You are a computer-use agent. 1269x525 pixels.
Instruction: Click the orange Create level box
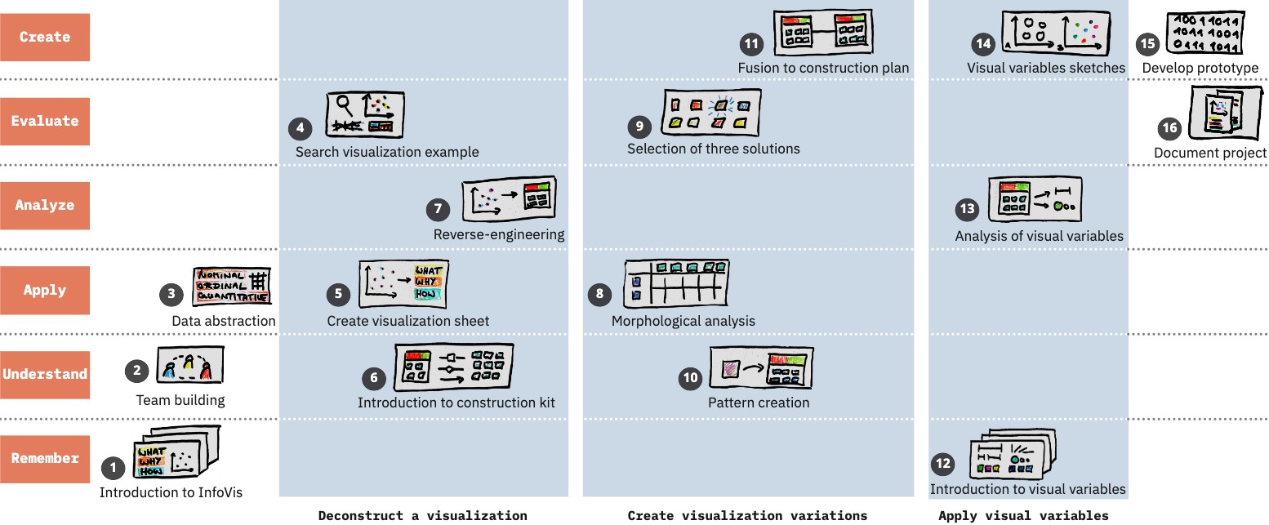click(x=45, y=37)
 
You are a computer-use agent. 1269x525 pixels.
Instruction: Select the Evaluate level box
click(x=45, y=121)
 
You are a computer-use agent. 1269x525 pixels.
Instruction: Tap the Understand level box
click(x=45, y=375)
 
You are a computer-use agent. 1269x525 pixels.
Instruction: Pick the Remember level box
click(x=45, y=458)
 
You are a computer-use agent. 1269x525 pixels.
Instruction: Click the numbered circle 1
click(x=113, y=468)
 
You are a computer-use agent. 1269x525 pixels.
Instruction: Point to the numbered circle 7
click(x=439, y=209)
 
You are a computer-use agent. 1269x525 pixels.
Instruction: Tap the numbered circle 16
click(x=1169, y=128)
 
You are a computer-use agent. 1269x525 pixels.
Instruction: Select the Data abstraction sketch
click(x=231, y=287)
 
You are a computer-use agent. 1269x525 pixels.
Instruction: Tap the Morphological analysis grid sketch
click(x=677, y=286)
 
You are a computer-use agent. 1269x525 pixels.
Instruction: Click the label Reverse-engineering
click(x=499, y=235)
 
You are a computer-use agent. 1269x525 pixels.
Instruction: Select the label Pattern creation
click(x=759, y=402)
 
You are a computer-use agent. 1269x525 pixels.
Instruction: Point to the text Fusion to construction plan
click(x=823, y=68)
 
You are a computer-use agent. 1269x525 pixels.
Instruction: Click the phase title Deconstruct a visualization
click(x=422, y=515)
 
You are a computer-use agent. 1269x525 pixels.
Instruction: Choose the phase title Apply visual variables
click(x=1023, y=515)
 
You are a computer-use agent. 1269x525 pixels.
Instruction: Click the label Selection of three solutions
click(x=714, y=149)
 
